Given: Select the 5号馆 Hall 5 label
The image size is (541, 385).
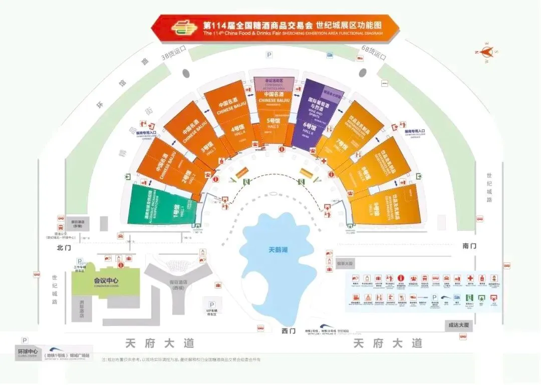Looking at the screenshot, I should pyautogui.click(x=272, y=121).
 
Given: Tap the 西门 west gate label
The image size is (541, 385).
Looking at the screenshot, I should pyautogui.click(x=289, y=331).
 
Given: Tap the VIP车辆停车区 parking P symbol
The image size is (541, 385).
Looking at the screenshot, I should pyautogui.click(x=212, y=304).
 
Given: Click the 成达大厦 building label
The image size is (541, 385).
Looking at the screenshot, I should pyautogui.click(x=458, y=325).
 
